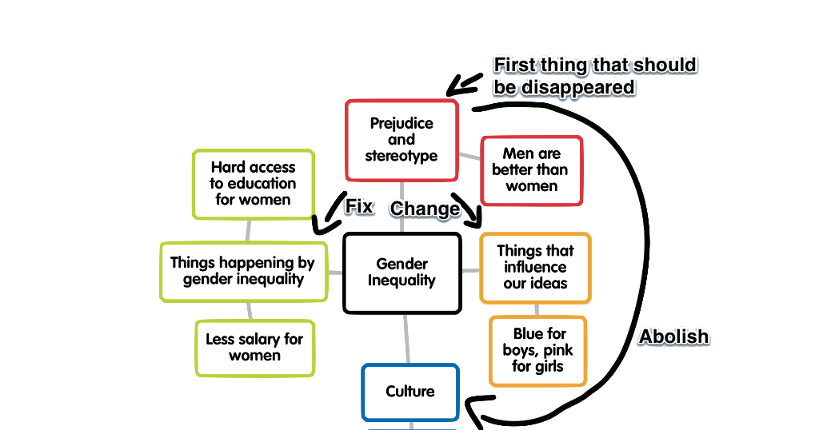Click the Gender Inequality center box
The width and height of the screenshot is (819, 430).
coord(402,272)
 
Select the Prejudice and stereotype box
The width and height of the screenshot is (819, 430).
coord(402,140)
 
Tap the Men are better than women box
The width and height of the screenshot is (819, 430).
coord(531,169)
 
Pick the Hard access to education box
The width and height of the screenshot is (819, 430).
coord(253,183)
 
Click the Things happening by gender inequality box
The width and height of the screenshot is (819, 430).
coord(242,271)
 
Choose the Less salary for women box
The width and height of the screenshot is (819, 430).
coord(254,348)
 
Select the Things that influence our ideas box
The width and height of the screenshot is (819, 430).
coord(535,267)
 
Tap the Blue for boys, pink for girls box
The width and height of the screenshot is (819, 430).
coord(537,350)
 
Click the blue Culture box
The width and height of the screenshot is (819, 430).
coord(410,392)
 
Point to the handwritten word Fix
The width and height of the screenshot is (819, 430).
coord(359,207)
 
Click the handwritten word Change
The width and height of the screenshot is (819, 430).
coord(425,209)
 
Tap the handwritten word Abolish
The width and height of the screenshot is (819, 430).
coord(673,336)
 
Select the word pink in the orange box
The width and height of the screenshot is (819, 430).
coord(557,350)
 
